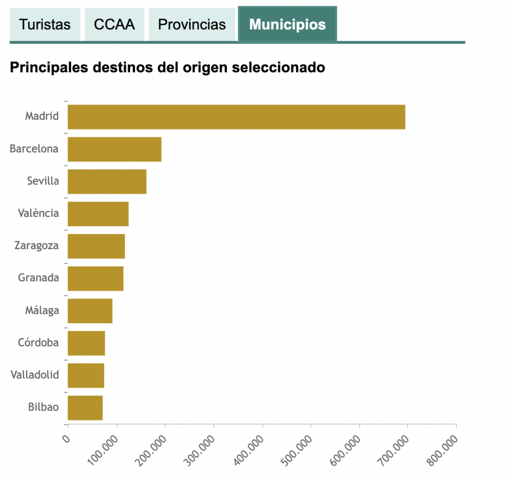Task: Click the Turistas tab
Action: click(x=45, y=25)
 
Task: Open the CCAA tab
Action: click(x=114, y=25)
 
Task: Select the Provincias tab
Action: click(x=192, y=25)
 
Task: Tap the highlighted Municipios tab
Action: click(x=287, y=25)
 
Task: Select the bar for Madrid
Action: click(x=236, y=117)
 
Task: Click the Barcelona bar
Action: click(x=114, y=149)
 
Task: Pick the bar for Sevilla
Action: click(x=107, y=181)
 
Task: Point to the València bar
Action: click(x=98, y=214)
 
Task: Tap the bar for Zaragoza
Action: click(x=96, y=246)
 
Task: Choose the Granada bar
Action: click(x=96, y=278)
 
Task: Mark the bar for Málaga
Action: click(x=90, y=311)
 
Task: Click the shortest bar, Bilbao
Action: click(x=85, y=408)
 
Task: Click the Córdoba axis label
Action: click(x=38, y=343)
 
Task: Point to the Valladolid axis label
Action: click(x=35, y=375)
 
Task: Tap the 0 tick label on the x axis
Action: click(x=66, y=439)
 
